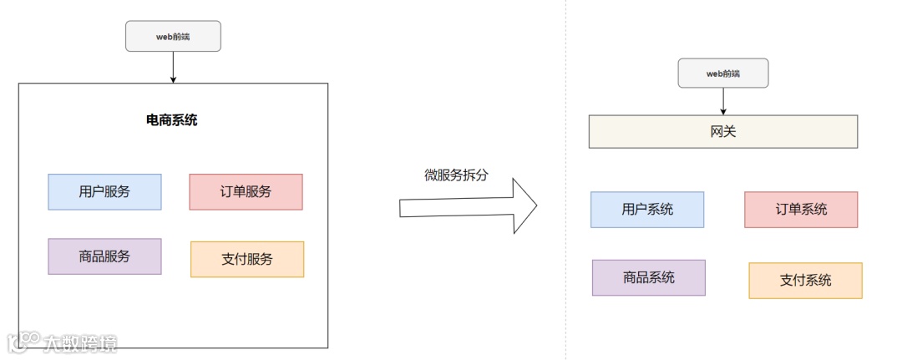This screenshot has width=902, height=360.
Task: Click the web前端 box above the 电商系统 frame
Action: (x=173, y=36)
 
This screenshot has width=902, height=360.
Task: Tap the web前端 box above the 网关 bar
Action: (x=722, y=73)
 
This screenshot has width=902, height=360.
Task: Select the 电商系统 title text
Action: (x=172, y=120)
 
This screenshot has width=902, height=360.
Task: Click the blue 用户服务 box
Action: (x=104, y=191)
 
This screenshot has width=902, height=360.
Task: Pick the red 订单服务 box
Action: (x=246, y=191)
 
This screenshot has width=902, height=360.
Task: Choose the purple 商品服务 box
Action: (x=104, y=256)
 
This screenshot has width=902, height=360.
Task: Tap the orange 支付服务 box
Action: (x=247, y=259)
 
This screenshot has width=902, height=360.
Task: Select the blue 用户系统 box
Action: (x=647, y=210)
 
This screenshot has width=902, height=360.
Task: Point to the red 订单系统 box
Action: (x=801, y=210)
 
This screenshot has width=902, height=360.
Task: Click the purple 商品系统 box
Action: (x=648, y=277)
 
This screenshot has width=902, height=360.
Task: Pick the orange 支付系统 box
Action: (x=805, y=281)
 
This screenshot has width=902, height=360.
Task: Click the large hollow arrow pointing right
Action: (x=468, y=205)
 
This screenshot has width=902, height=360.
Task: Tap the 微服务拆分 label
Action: (x=455, y=175)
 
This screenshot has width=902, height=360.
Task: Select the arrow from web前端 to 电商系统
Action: (x=173, y=67)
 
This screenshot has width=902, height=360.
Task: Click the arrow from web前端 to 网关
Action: (x=722, y=101)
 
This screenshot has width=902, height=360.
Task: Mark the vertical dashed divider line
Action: (x=565, y=251)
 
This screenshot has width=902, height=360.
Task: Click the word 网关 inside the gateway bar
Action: (x=722, y=132)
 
